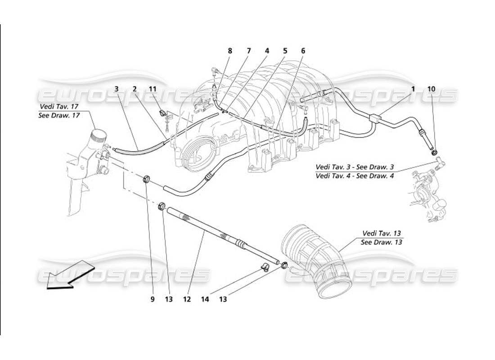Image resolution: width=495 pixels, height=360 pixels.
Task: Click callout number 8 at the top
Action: (230, 51)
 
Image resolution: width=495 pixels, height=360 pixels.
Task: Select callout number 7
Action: (248, 51)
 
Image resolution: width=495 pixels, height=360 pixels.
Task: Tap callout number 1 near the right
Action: (413, 89)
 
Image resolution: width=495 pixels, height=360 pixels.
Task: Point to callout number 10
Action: (431, 89)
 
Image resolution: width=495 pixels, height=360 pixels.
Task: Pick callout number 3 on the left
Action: (116, 89)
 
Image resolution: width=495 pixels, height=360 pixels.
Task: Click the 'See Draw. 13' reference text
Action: (381, 242)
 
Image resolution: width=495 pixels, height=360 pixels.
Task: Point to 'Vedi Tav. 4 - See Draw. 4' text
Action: (355, 176)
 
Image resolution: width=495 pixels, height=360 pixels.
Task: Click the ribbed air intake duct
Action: (315, 261)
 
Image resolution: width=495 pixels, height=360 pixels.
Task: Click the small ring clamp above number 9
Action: (147, 180)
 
